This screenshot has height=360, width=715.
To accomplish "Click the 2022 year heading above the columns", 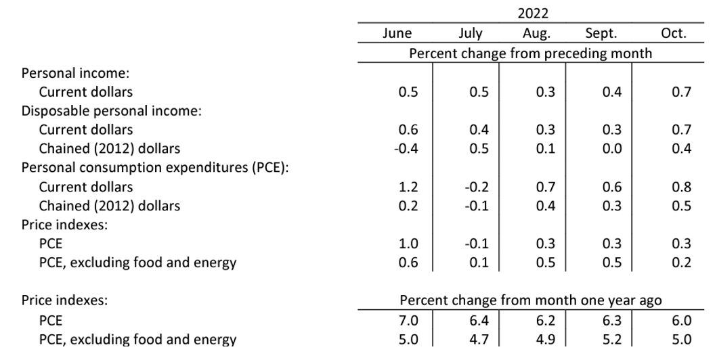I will pos(533,14).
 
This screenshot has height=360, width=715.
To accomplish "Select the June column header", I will pos(397,33).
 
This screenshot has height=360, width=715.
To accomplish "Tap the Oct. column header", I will pos(673,33).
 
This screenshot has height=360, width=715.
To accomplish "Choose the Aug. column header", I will pos(536,33).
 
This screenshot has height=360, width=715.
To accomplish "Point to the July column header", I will pos(471,33).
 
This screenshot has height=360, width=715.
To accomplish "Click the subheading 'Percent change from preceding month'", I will pos(530,53).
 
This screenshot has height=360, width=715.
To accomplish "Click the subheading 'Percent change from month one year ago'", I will pos(530,300).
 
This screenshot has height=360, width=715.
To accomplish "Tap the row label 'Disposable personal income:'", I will pos(112,110).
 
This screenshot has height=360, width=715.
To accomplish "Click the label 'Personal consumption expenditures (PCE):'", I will pos(155,168).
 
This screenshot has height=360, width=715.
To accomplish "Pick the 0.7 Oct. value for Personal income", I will pos(680,92).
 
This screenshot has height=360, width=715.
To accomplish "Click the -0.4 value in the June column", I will pos(405,149).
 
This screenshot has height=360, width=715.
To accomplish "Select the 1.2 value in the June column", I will pos(408,187).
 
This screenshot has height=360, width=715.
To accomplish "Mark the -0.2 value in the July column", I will pos(477,187).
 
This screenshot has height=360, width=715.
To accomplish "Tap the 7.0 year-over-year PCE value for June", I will pos(408,320).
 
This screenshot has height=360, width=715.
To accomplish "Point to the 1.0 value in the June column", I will pos(408,244).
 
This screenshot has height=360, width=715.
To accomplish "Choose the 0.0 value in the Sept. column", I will pos(611,149).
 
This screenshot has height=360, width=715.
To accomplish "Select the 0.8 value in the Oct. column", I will pos(680,187).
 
